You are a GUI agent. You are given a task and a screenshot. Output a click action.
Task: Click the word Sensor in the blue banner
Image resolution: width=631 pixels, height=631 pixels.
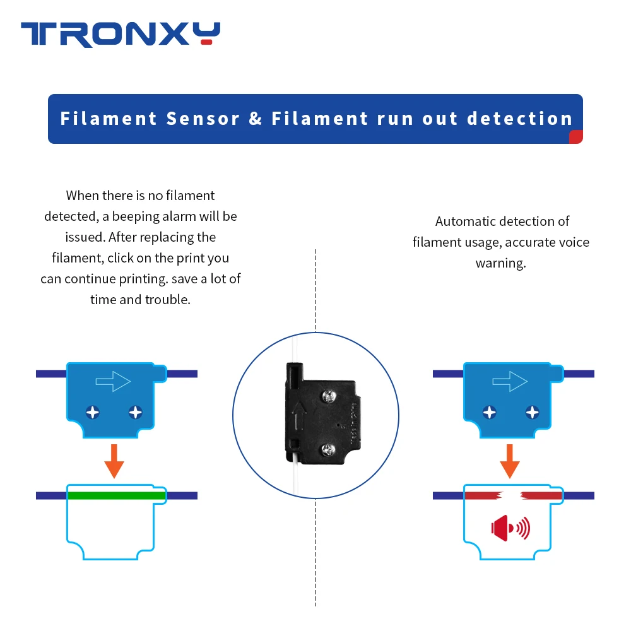tap(203, 119)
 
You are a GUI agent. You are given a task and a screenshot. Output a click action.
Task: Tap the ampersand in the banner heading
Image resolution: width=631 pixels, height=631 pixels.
tap(256, 119)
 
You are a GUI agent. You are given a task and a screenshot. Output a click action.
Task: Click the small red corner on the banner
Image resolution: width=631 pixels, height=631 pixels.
tap(575, 137)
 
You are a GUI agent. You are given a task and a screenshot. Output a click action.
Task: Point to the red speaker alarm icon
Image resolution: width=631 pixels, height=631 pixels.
tap(510, 528)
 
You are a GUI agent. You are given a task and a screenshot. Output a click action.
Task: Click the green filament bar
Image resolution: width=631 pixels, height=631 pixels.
tap(116, 495)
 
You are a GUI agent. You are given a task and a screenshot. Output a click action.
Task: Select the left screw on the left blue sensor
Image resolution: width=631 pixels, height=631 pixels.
tap(93, 413)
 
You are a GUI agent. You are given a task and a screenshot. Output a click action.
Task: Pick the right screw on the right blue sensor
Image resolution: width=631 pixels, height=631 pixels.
tap(532, 413)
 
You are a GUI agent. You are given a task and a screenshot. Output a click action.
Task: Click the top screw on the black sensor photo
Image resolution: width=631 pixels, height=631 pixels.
tap(328, 396)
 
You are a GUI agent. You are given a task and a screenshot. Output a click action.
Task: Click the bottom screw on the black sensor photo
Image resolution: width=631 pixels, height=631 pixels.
tap(327, 450)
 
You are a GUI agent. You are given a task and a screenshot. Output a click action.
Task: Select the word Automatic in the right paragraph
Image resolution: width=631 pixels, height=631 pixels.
tap(465, 221)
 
